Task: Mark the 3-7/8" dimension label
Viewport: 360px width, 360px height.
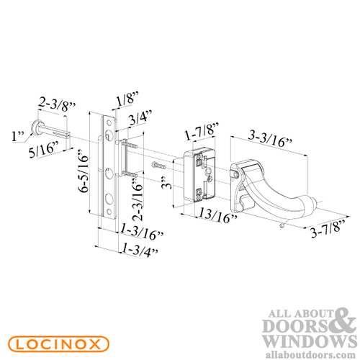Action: tap(325, 231)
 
